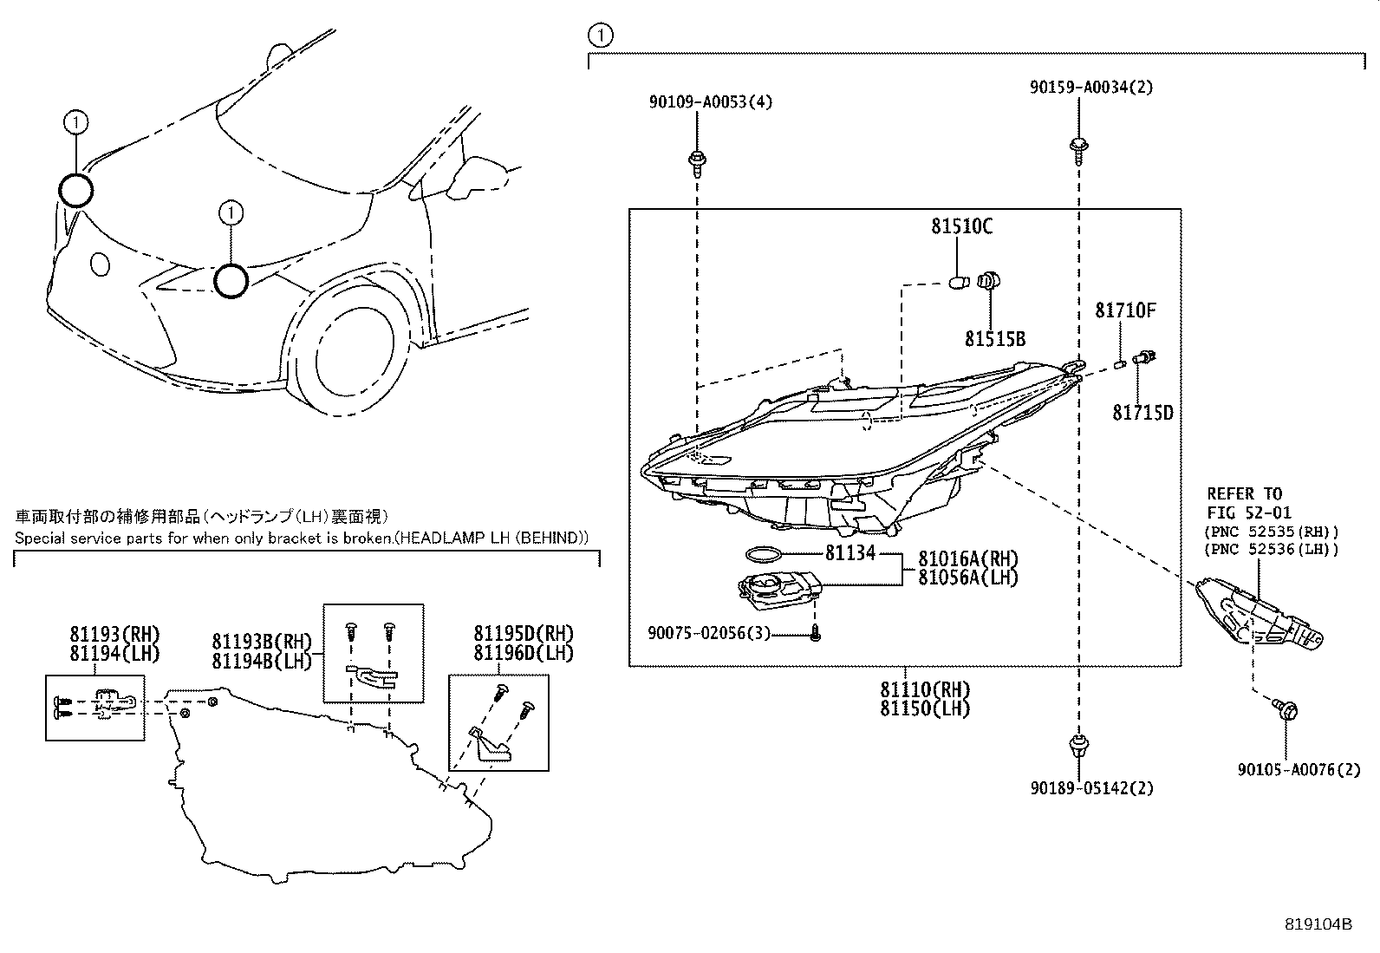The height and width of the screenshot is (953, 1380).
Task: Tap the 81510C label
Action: (x=961, y=227)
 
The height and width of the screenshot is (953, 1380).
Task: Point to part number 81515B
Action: (x=995, y=339)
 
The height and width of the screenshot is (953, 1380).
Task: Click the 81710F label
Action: (x=1125, y=310)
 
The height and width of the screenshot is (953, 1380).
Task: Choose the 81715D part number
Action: (x=1142, y=414)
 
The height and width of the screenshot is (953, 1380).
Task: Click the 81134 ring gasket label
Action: (x=849, y=552)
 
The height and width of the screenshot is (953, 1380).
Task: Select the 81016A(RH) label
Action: (x=967, y=558)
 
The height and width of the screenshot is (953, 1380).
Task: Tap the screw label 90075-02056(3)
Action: (x=708, y=634)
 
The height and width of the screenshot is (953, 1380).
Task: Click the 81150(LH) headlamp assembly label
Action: (x=925, y=708)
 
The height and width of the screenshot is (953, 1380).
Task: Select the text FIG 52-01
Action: (x=1244, y=513)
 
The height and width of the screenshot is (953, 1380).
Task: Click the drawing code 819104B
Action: (x=1318, y=924)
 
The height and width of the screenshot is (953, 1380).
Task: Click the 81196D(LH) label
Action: (x=523, y=652)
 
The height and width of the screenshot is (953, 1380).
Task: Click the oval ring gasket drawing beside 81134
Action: (x=764, y=553)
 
